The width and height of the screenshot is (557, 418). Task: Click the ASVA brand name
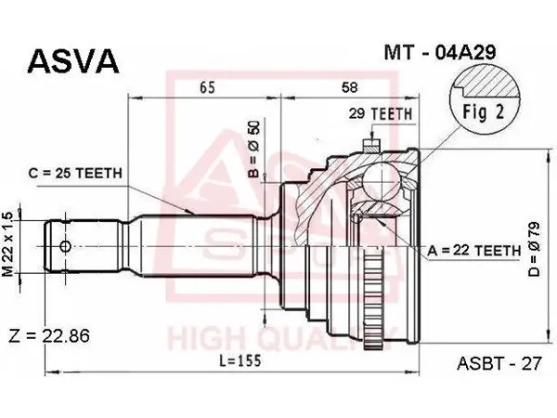click(x=72, y=60)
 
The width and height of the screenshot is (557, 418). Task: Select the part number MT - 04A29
click(x=439, y=53)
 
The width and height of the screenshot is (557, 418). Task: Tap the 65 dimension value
click(x=207, y=87)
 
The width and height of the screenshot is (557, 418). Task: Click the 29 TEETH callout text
click(x=380, y=113)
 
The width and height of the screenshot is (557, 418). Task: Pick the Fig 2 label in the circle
click(x=483, y=112)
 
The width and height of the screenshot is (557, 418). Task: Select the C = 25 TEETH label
click(x=75, y=173)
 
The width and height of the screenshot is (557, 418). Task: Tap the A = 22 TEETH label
click(x=473, y=251)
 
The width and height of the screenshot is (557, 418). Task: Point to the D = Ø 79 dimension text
click(x=534, y=249)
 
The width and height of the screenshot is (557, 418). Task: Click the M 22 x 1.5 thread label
click(x=7, y=244)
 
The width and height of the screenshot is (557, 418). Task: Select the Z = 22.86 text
click(x=49, y=335)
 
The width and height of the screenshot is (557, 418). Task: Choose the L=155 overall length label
click(x=240, y=360)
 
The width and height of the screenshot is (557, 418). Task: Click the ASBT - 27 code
click(x=499, y=363)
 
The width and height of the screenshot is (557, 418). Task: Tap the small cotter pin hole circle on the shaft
click(x=65, y=246)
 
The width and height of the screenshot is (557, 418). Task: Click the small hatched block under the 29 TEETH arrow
click(x=371, y=145)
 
